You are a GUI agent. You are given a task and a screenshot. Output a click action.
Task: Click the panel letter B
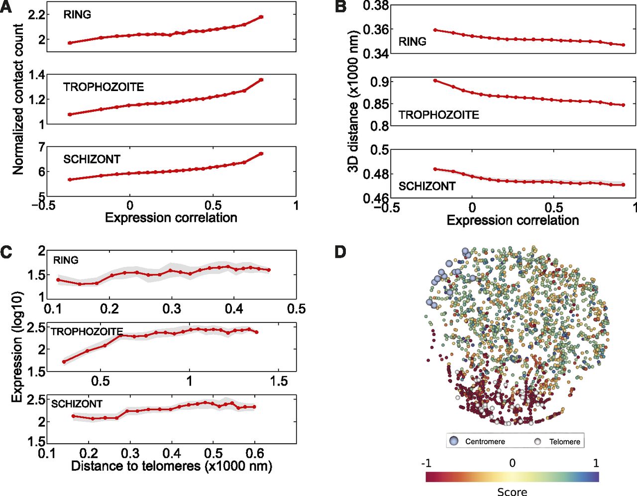pos(341,7)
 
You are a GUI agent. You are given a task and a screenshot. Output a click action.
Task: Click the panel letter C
pos(6,252)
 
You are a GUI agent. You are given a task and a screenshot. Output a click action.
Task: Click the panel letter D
pos(340,252)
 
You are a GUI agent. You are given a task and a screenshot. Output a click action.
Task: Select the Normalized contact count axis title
pos(18,99)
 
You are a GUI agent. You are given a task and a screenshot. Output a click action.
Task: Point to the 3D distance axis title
pos(353,101)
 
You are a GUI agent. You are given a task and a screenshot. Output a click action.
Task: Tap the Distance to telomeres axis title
pos(171,466)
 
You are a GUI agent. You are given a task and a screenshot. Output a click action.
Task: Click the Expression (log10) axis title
pos(18,346)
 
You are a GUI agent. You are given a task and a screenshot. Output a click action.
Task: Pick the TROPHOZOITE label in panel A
pos(104,87)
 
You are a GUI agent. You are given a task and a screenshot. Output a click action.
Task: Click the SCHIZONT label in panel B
pos(427,186)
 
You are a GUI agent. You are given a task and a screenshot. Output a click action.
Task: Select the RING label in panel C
pos(66,260)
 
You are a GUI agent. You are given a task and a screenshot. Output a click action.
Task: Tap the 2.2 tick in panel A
pos(37,15)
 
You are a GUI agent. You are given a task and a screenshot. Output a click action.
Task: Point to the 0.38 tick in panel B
pos(376,6)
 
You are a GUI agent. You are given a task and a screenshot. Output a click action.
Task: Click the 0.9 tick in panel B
pos(380,82)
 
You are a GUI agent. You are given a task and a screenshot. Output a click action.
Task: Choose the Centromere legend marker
pos(454,441)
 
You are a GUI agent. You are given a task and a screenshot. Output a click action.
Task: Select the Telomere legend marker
pos(537,441)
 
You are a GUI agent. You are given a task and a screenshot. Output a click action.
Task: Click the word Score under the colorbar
pos(512,492)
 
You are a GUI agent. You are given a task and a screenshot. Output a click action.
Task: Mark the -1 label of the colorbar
pos(426,463)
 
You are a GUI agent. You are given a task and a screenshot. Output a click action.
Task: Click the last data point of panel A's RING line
pos(261,17)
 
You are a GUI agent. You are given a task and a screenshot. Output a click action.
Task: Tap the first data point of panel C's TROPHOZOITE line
pos(64,362)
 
